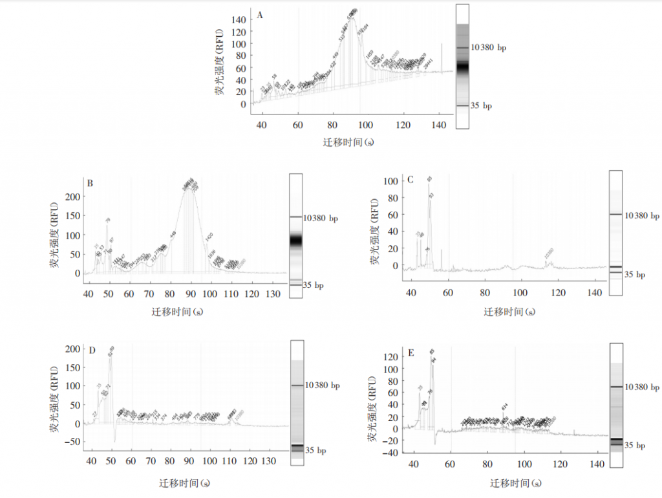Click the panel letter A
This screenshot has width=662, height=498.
(x=260, y=14)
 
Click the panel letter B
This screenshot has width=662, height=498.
(x=90, y=183)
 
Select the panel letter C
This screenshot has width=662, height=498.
(x=411, y=179)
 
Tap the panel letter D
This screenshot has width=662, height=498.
(x=92, y=351)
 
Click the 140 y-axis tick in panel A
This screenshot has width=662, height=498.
(x=239, y=20)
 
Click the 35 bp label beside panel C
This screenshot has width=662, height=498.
(x=637, y=275)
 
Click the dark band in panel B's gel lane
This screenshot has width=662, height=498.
(x=295, y=240)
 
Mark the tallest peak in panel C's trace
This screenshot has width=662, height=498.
(x=429, y=184)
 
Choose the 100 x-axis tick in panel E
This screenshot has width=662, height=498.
(x=524, y=465)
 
